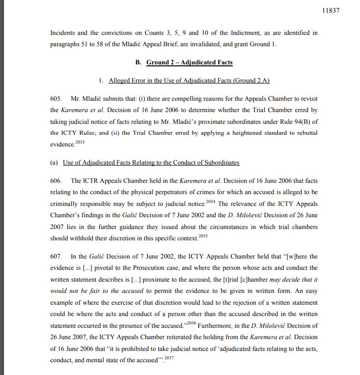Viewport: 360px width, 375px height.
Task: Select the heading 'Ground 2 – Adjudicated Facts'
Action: pyautogui.click(x=190, y=62)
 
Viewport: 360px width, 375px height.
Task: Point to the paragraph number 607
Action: pyautogui.click(x=56, y=257)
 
